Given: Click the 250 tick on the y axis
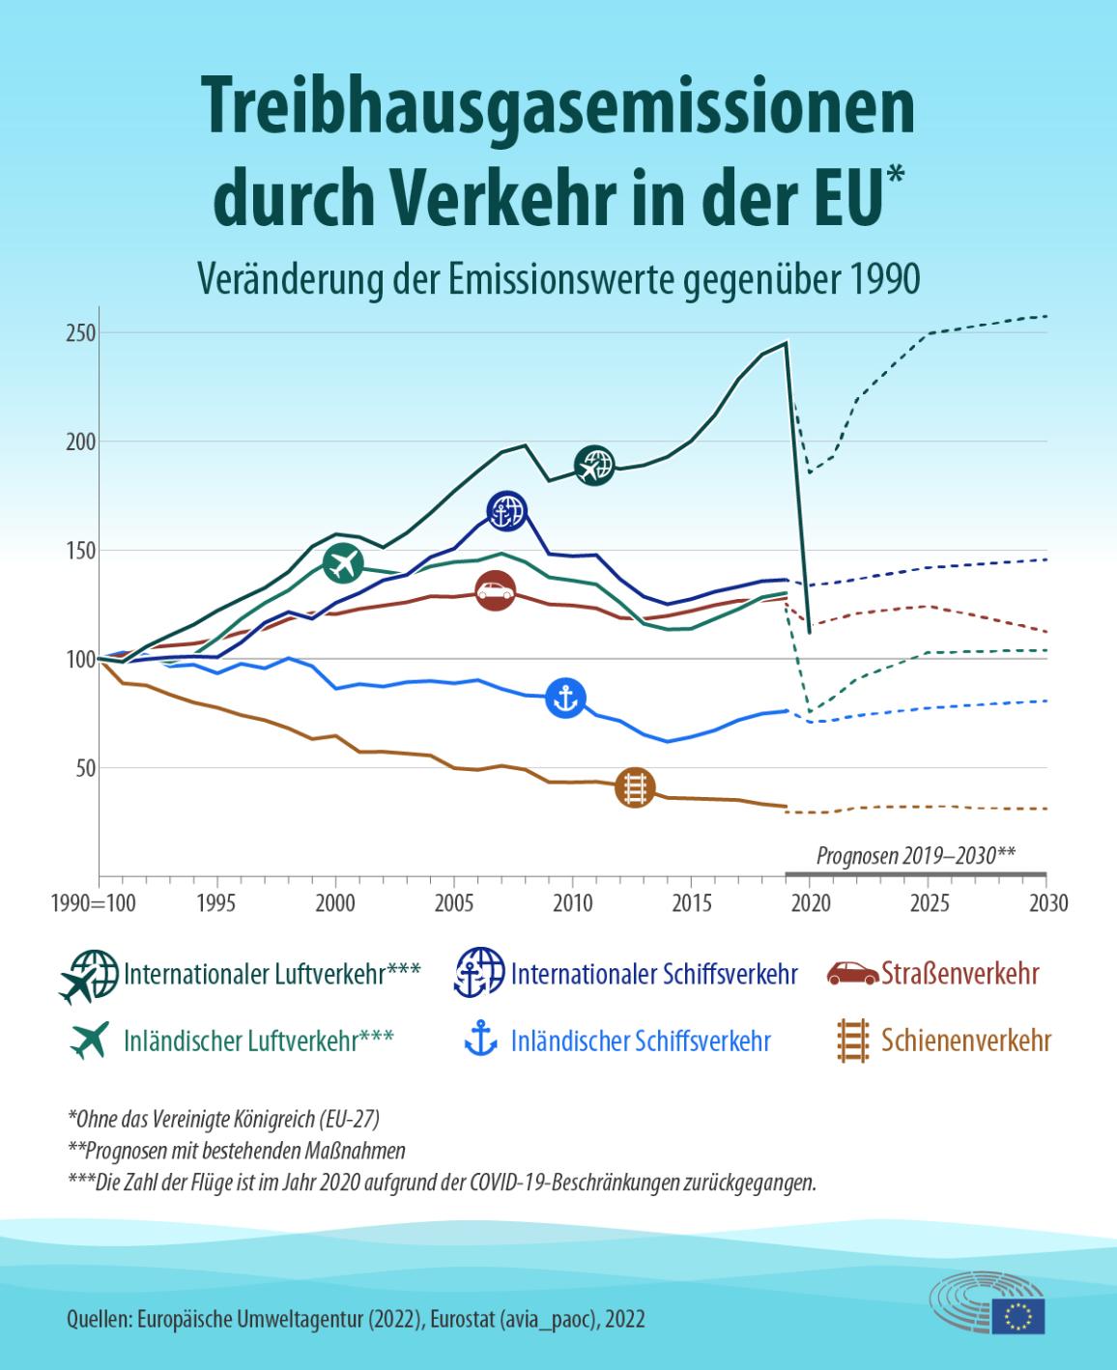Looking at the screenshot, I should tap(78, 332).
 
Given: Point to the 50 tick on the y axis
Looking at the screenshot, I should tap(82, 768).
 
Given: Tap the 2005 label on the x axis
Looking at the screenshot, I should tap(454, 903).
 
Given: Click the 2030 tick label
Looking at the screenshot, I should tap(1048, 903).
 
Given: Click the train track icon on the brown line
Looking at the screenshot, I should tap(635, 786).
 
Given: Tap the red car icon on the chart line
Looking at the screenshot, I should tap(496, 590).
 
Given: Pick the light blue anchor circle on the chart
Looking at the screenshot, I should tap(566, 698).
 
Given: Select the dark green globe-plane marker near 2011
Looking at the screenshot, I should tap(594, 466).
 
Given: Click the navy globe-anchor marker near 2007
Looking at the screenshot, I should tap(506, 511).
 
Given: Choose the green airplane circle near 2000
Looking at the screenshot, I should tap(343, 563).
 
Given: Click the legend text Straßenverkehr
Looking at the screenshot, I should tap(959, 974).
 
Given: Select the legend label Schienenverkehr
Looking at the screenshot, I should tap(965, 1041).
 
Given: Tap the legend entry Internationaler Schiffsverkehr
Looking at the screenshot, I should tap(654, 974).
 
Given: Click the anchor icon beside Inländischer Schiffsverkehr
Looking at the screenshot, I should tap(480, 1041).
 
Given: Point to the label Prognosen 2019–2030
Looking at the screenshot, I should tap(915, 854).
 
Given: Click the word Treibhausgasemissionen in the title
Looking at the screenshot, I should tap(558, 108).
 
